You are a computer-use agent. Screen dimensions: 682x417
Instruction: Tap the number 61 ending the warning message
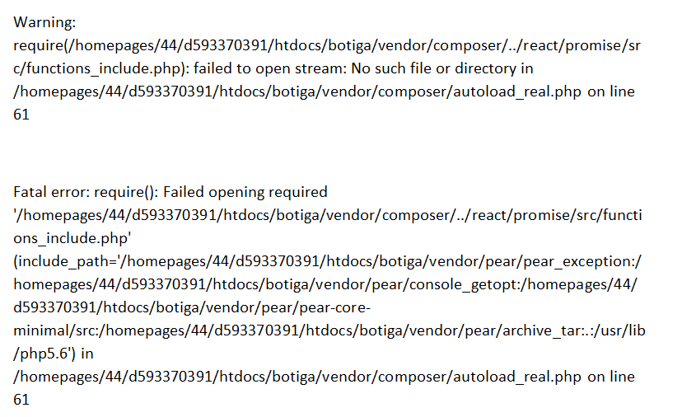coord(21,115)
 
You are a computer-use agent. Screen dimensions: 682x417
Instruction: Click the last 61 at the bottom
coord(21,400)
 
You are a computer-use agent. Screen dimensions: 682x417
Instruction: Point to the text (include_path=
coord(66,261)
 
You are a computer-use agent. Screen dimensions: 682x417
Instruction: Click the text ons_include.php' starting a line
coord(72,238)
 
